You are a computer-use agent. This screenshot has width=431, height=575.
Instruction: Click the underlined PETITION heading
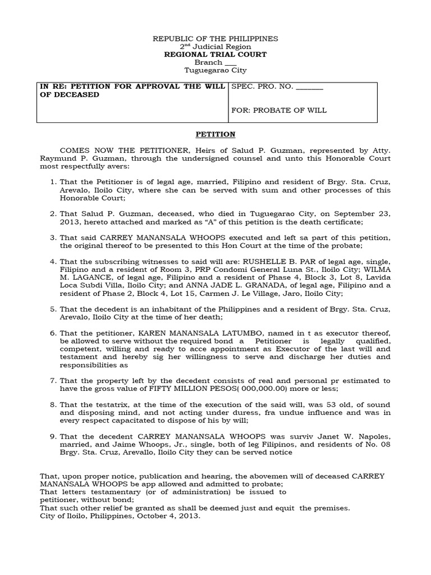[x=216, y=135]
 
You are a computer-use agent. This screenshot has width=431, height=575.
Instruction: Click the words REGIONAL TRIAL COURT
[x=216, y=54]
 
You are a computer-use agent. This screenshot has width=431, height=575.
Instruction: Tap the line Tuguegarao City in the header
[x=216, y=71]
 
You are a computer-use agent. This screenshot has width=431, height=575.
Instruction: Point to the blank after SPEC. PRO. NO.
[x=309, y=88]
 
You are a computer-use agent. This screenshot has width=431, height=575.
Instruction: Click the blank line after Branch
[x=230, y=63]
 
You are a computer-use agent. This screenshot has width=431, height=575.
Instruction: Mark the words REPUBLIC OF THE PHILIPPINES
[x=216, y=39]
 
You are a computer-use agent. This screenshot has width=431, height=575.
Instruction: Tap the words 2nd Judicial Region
[x=216, y=47]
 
